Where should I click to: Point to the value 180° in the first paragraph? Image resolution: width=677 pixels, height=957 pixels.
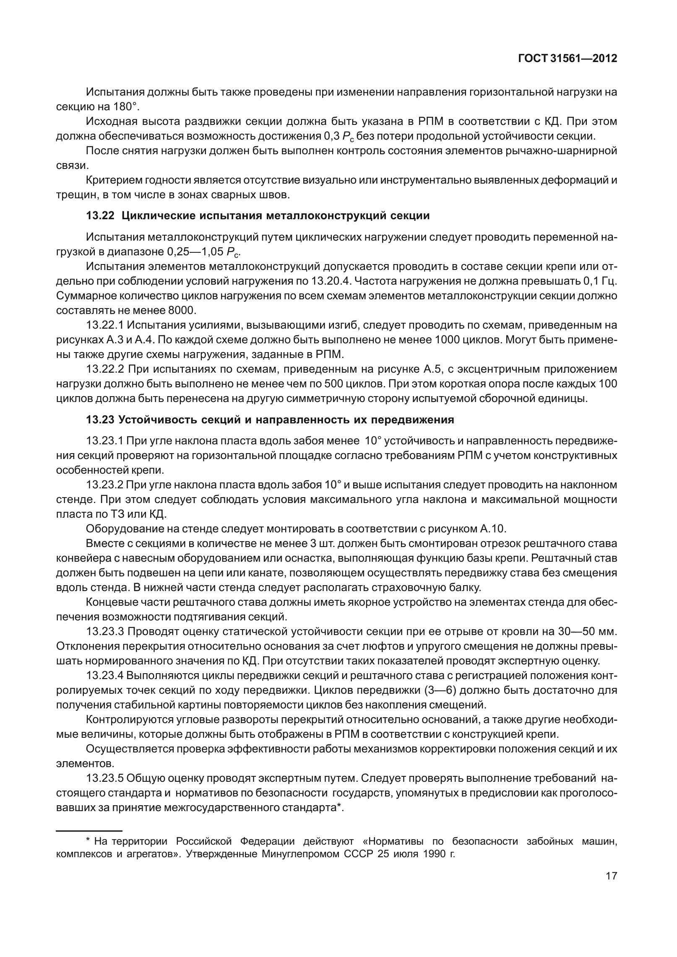click(x=125, y=106)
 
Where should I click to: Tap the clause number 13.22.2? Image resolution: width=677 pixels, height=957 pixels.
click(x=104, y=369)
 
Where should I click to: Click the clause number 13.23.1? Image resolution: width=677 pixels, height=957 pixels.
click(x=104, y=441)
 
